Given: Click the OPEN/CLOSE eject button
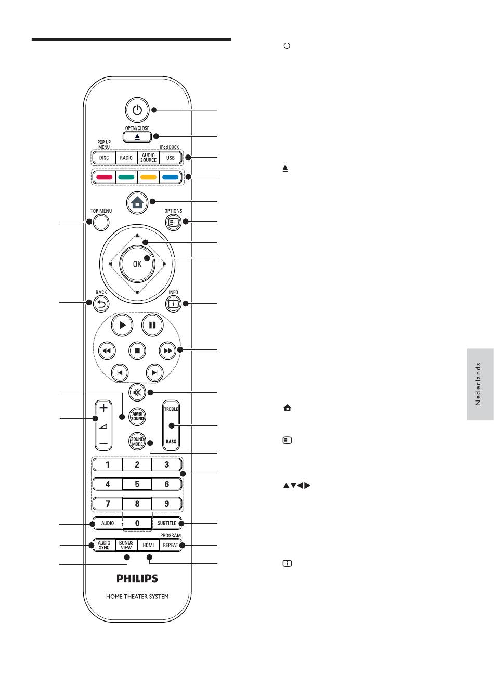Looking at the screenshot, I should pyautogui.click(x=137, y=137).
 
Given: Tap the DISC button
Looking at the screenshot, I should pyautogui.click(x=104, y=158).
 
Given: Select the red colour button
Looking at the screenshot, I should pyautogui.click(x=104, y=177).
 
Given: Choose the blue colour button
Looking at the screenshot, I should pyautogui.click(x=171, y=177).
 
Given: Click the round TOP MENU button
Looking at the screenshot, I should pyautogui.click(x=101, y=223).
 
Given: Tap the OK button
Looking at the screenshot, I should pyautogui.click(x=137, y=264).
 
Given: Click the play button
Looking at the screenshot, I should pyautogui.click(x=122, y=325).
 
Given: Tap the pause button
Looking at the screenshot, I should pyautogui.click(x=152, y=325).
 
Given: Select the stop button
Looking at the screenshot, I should pyautogui.click(x=137, y=351).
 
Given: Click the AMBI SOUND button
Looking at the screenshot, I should pyautogui.click(x=137, y=416).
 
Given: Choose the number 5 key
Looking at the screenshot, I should pyautogui.click(x=137, y=484).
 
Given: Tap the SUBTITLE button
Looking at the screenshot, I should pyautogui.click(x=167, y=523).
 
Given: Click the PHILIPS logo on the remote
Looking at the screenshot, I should pyautogui.click(x=137, y=578).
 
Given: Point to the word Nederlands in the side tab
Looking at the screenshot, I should pyautogui.click(x=479, y=384).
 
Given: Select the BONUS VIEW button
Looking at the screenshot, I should pyautogui.click(x=126, y=545).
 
